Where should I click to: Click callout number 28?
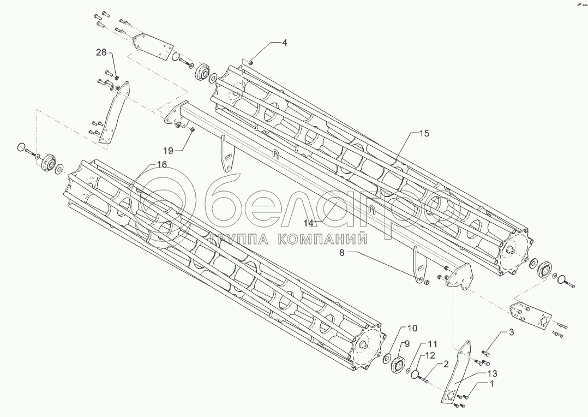point(101,52)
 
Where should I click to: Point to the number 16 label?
point(161,164)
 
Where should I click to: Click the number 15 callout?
point(424,133)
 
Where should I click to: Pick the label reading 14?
point(310,222)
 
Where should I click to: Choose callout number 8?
point(343,252)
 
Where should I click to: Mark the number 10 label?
point(412,328)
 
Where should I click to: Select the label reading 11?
point(432,344)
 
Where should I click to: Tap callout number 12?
point(431,355)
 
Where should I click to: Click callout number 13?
point(492,373)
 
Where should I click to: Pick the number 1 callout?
point(491,384)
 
